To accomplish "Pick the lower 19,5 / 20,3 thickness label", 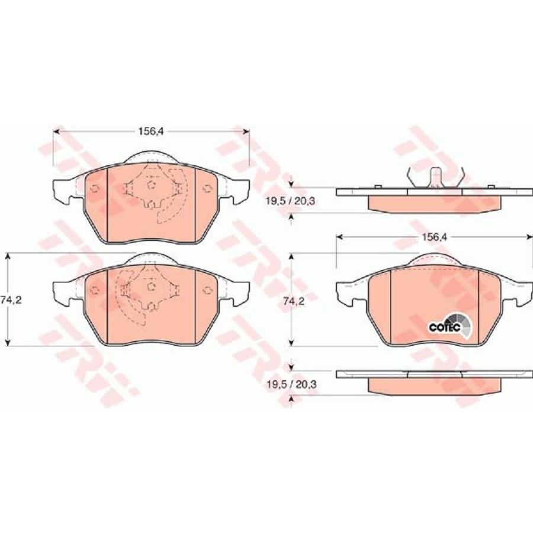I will pos(290,384).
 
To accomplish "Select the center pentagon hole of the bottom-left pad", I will pos(150,286).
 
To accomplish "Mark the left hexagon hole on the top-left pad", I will pos(94,189).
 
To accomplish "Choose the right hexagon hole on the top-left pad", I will pos(207,189).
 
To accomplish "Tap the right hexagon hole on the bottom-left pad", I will pos(207,290).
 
